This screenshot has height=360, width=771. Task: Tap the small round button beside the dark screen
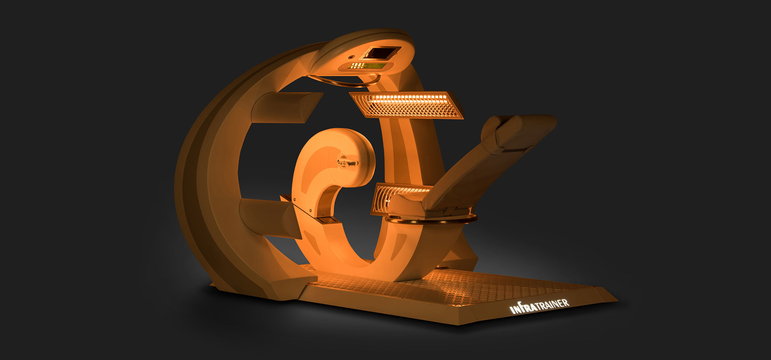pyautogui.click(x=351, y=57)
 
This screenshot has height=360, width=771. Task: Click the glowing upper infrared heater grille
pyautogui.click(x=406, y=104)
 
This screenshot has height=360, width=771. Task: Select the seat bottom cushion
pyautogui.click(x=427, y=206)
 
